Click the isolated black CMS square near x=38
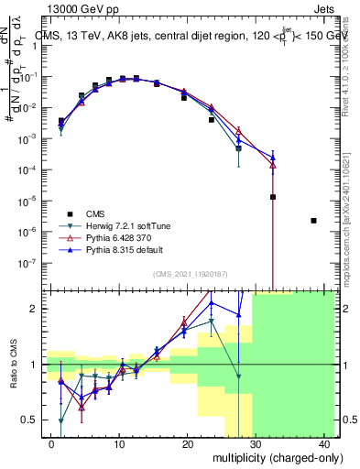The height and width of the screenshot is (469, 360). pos(314,221)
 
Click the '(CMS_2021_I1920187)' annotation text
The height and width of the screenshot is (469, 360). pos(191,272)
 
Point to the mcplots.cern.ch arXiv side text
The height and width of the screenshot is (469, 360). pos(350,211)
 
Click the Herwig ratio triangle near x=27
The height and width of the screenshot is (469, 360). pos(238,376)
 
